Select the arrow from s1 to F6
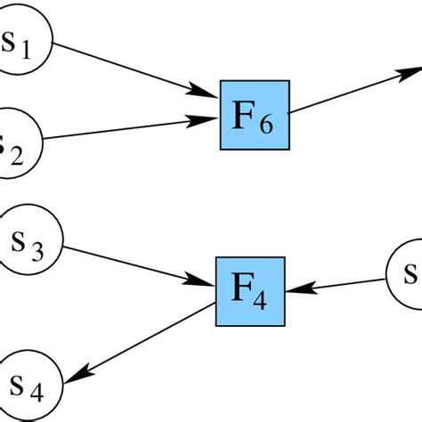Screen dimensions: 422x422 pos(134,69)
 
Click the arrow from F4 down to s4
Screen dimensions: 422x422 pos(142,339)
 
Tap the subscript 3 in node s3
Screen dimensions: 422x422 pos(38,248)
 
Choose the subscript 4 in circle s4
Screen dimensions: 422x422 pos(40,391)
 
